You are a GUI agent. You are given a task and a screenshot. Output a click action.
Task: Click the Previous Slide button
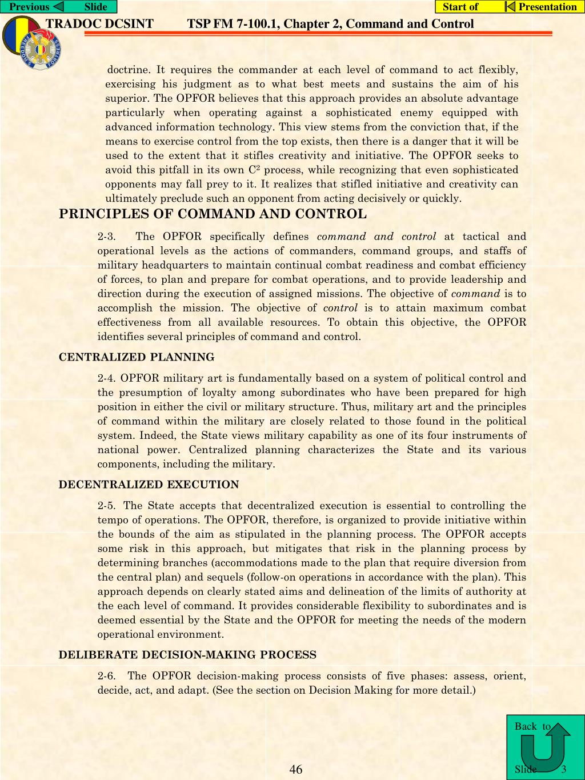pos(58,7)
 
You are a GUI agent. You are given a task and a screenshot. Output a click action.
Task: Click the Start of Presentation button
pos(510,7)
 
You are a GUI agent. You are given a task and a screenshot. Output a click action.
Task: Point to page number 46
pos(296,769)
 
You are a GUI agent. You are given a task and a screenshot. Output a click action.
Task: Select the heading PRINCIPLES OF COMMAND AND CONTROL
pos(213,214)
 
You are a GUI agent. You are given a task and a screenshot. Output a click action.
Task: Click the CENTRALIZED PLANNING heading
pos(137,357)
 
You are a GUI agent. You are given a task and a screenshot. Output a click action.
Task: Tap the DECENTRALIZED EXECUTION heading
pos(149,485)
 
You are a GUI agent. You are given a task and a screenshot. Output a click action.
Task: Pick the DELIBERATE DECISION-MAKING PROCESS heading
pos(187,655)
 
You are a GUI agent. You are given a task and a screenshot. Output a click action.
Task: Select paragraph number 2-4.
pos(107,378)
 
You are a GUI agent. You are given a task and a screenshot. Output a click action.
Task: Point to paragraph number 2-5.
pos(107,506)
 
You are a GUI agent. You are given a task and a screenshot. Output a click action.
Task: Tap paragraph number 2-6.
pos(107,676)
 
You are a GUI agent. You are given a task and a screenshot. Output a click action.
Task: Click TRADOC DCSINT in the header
pos(99,24)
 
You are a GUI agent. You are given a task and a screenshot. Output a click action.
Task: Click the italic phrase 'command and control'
pos(376,237)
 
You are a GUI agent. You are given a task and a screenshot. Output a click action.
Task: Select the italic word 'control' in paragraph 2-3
pos(340,308)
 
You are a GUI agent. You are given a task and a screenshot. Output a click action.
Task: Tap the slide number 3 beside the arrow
pos(563,769)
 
